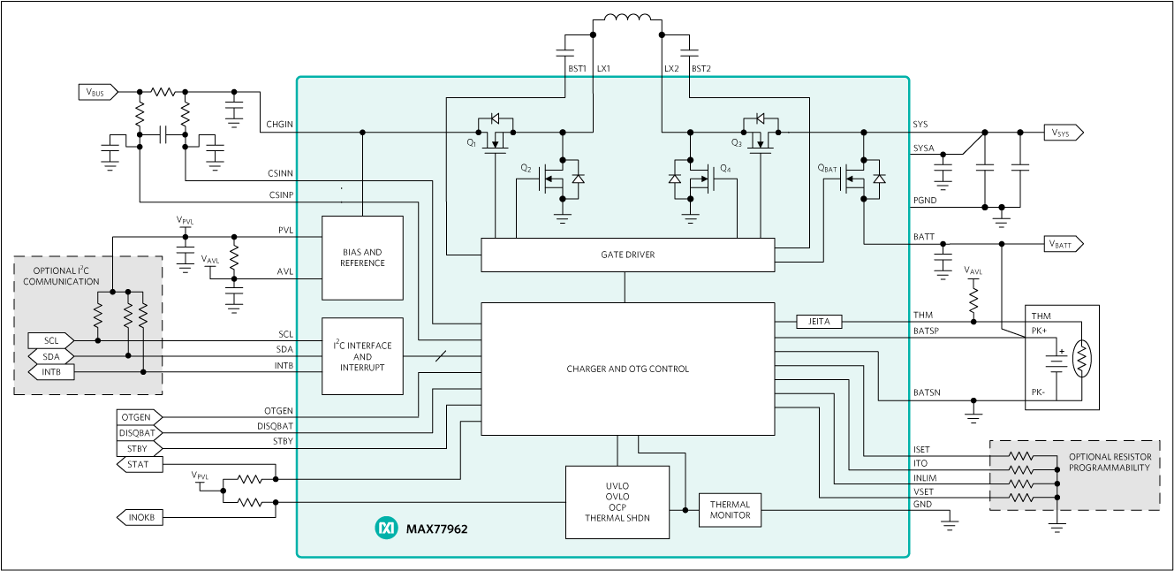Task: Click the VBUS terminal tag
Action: coord(97,92)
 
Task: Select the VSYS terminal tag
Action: coord(1063,133)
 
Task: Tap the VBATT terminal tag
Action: coord(1063,244)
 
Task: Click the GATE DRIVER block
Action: coord(627,255)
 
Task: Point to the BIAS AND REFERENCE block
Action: coord(362,258)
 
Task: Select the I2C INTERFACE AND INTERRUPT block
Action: coord(362,356)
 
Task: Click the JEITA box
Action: coord(819,322)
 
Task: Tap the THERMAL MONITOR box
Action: coord(730,510)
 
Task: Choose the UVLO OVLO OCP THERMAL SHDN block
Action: coord(617,502)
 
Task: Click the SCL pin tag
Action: coord(50,340)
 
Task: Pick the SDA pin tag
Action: coord(50,356)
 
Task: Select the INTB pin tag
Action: coord(50,372)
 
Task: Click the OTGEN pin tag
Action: coord(139,417)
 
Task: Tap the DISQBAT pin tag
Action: coord(139,433)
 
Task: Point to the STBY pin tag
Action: coord(139,449)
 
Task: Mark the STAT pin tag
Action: coord(139,464)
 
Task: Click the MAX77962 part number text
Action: coord(436,529)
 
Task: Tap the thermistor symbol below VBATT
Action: coord(1082,358)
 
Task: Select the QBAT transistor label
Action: coord(827,168)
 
